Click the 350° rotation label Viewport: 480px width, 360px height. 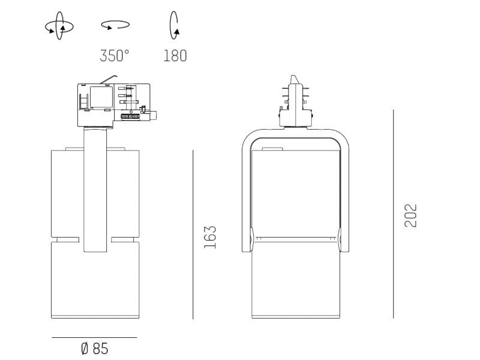point(115,56)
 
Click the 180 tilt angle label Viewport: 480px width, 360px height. point(175,56)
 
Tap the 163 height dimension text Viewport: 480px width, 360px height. point(210,238)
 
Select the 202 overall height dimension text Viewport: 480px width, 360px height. point(411,216)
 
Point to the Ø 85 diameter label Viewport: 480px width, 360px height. point(94,348)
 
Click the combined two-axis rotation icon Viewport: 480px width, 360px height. point(59,26)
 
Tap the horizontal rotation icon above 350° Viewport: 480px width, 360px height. point(115,25)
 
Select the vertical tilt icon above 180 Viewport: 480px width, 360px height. point(175,25)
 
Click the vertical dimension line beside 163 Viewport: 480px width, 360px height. point(193,234)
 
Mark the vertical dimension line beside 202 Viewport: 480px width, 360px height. point(394,214)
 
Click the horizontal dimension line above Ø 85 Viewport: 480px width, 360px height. point(94,337)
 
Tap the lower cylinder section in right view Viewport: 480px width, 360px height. point(295,282)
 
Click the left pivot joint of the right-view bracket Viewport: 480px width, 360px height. point(247,240)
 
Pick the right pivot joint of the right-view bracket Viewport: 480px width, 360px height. point(344,240)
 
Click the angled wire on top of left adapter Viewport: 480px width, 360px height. point(108,79)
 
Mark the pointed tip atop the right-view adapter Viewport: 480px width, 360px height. point(293,79)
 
